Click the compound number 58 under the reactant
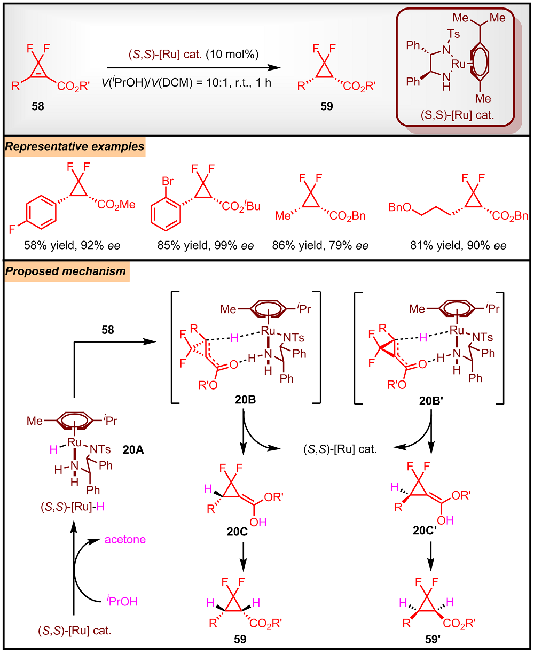click(x=38, y=106)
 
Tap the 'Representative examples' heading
click(x=75, y=146)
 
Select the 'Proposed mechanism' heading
click(x=66, y=271)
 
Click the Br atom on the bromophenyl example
click(x=168, y=181)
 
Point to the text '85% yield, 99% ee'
click(x=206, y=245)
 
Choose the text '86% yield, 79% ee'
click(x=320, y=245)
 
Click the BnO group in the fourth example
click(x=400, y=207)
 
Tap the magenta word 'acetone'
click(x=125, y=540)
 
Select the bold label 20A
click(x=133, y=449)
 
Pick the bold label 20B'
click(x=431, y=401)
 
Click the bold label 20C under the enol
click(x=237, y=532)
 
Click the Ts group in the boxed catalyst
click(x=453, y=34)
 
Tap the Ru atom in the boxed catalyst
click(x=458, y=64)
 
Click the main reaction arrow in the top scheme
click(x=194, y=67)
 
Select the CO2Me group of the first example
click(x=116, y=205)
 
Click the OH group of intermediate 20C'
click(x=445, y=520)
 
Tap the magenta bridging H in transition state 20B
click(x=234, y=338)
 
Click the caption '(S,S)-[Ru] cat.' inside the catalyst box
click(x=457, y=115)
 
